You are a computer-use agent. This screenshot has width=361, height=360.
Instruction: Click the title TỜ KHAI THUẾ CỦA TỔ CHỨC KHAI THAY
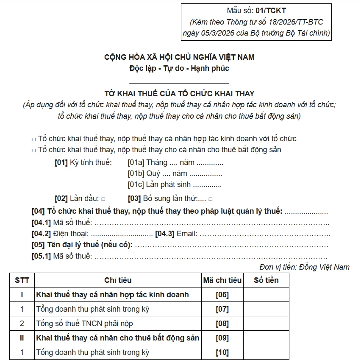pyautogui.click(x=180, y=93)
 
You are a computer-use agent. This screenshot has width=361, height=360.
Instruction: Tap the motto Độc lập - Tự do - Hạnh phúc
pyautogui.click(x=179, y=68)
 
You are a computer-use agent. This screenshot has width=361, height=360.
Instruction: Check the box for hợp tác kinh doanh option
pyautogui.click(x=34, y=139)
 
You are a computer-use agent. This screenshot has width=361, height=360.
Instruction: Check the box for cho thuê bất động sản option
pyautogui.click(x=34, y=150)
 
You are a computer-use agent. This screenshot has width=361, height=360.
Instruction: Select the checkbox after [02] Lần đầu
pyautogui.click(x=103, y=199)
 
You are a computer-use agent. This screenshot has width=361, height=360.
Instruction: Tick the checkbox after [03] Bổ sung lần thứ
pyautogui.click(x=211, y=199)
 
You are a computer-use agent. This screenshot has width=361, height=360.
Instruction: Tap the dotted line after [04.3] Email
pyautogui.click(x=264, y=234)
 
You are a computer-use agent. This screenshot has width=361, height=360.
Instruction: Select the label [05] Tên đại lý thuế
pyautogui.click(x=82, y=245)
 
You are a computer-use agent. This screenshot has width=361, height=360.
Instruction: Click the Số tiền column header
pyautogui.click(x=266, y=280)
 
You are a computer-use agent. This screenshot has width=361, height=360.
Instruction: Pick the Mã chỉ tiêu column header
pyautogui.click(x=222, y=280)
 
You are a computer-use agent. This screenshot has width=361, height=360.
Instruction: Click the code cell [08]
pyautogui.click(x=222, y=324)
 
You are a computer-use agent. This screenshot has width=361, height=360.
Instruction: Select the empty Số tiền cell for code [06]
pyautogui.click(x=266, y=294)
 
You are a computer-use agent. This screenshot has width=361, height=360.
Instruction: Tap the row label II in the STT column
pyautogui.click(x=22, y=338)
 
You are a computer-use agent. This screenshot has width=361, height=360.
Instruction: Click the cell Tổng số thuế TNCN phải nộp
pyautogui.click(x=85, y=324)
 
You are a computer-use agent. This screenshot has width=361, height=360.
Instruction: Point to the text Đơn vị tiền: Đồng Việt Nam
pyautogui.click(x=304, y=267)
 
